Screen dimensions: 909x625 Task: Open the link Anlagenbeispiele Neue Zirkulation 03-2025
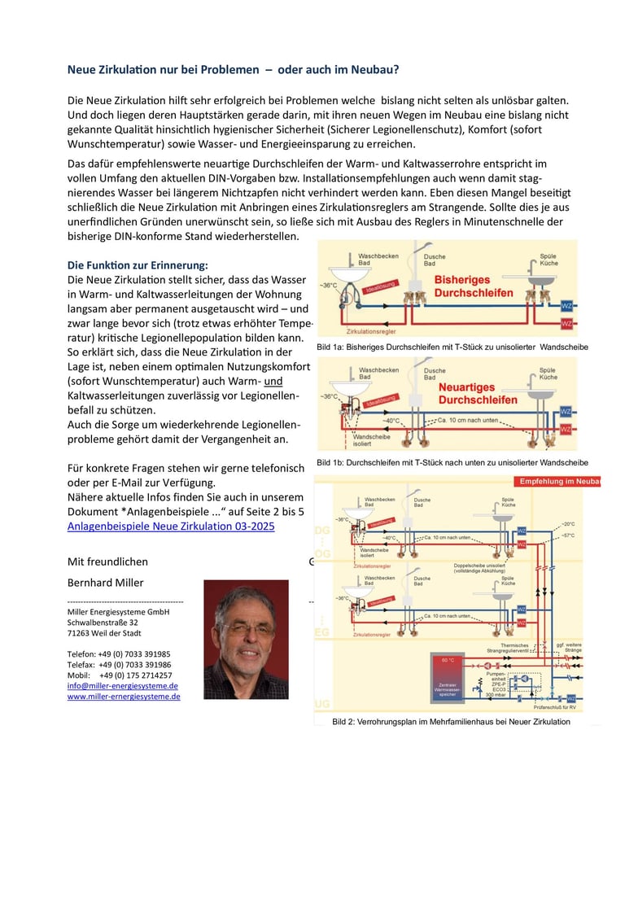(171, 526)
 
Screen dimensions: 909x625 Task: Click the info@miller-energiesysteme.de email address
(123, 686)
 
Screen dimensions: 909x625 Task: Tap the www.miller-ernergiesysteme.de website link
(124, 697)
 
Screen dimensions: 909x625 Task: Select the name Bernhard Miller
(104, 583)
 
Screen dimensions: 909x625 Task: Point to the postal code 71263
(81, 632)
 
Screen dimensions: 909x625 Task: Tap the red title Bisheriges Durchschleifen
(474, 286)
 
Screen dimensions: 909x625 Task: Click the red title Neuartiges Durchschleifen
(477, 394)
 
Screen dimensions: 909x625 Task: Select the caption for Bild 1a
(452, 347)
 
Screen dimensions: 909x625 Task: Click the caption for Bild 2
(451, 722)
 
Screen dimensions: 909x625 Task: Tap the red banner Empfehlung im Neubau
(560, 481)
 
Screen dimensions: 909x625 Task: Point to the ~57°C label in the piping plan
(567, 535)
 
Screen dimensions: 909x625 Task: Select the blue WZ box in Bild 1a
(567, 305)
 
